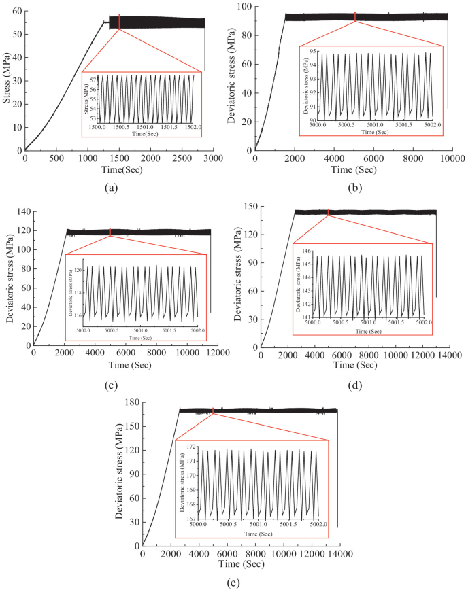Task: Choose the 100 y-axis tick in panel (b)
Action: tap(242, 6)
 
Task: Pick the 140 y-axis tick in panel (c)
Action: tap(23, 212)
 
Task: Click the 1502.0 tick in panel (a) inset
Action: tap(194, 126)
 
